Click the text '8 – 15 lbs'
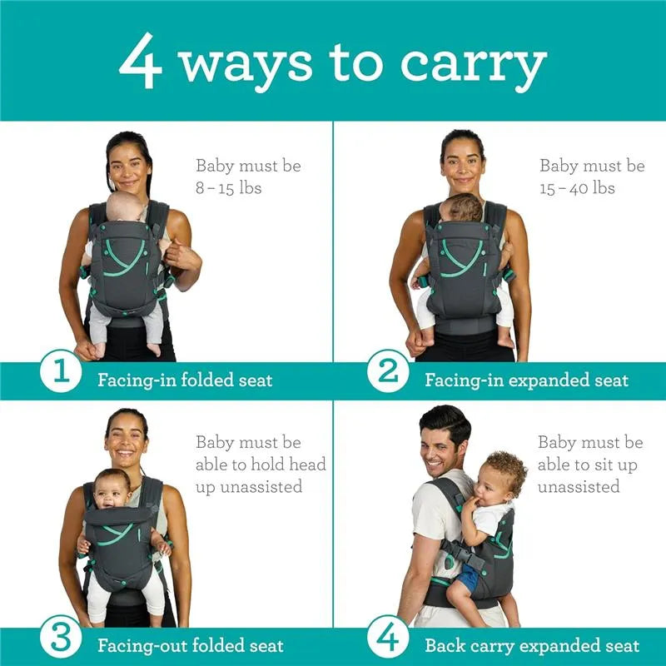228,188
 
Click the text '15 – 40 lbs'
577,188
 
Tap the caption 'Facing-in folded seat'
185,381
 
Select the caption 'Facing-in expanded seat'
526,381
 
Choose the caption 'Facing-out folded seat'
191,646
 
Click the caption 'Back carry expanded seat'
532,646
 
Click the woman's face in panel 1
129,166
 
